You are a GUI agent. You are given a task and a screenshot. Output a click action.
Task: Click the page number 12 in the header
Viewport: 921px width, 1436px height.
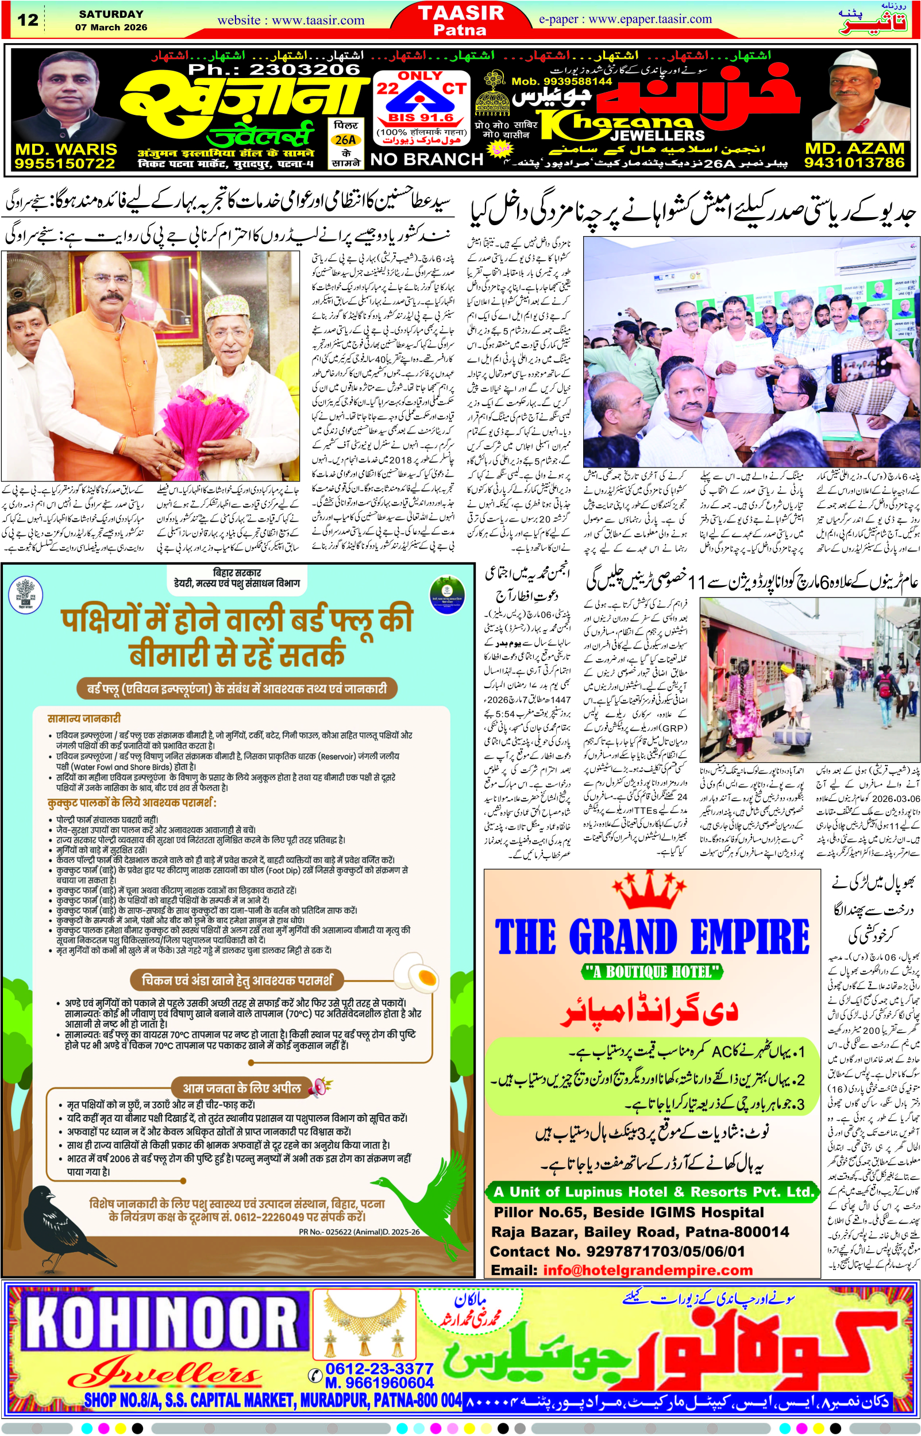point(28,20)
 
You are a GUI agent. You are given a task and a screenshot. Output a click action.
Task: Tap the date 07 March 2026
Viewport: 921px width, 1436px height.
point(111,28)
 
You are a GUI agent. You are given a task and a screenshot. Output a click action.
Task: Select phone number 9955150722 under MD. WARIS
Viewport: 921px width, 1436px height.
point(64,163)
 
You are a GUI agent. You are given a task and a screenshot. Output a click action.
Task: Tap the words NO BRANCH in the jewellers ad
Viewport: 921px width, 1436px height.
point(426,160)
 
